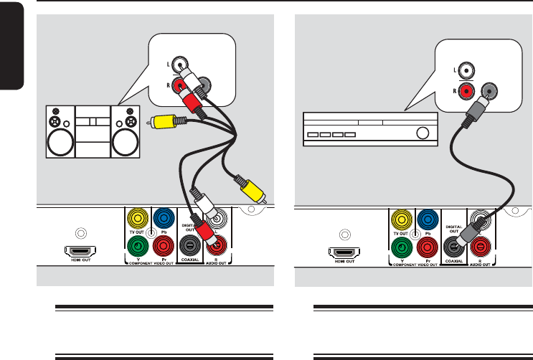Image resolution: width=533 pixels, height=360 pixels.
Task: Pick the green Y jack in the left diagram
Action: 136,246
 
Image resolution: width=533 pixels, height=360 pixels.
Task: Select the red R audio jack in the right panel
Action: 480,247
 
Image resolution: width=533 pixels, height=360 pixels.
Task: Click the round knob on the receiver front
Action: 423,133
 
